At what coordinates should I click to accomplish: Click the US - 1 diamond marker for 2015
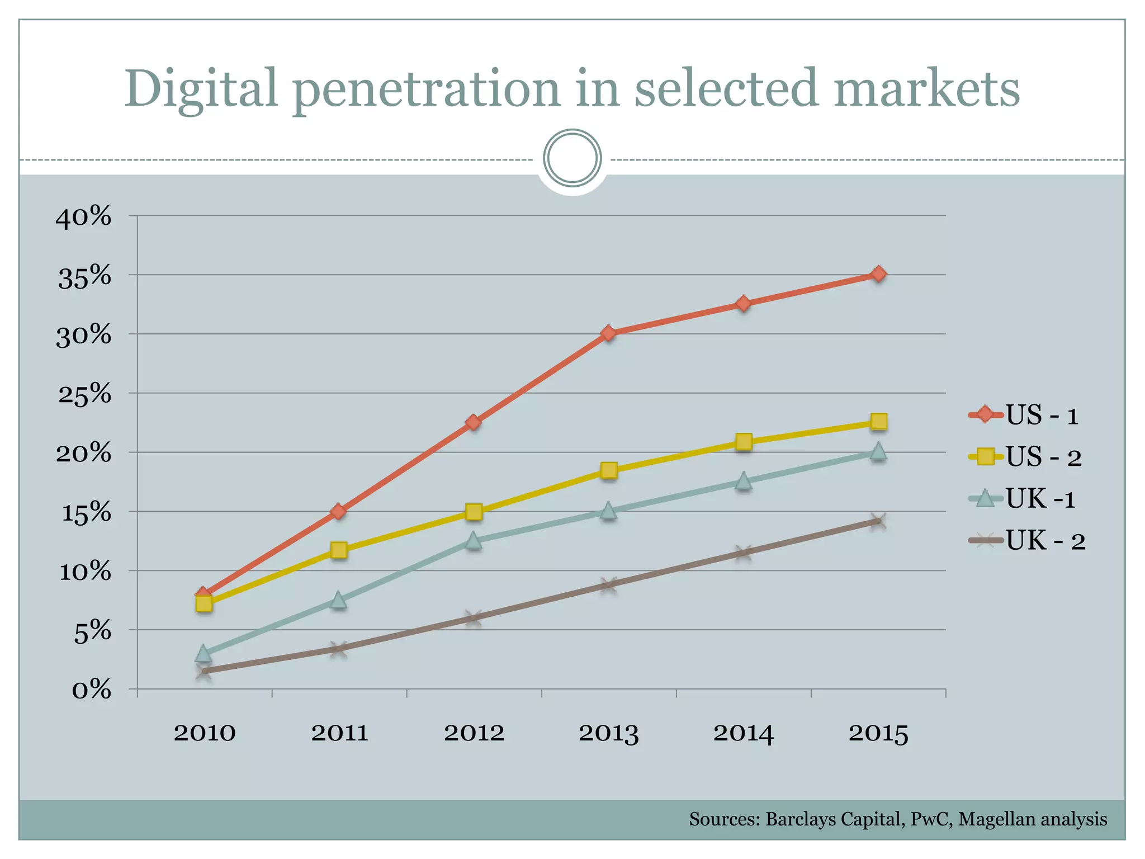[878, 274]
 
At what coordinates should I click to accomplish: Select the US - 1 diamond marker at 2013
[609, 334]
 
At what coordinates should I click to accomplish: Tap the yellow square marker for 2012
[474, 512]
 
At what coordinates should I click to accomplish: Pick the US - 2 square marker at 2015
[878, 422]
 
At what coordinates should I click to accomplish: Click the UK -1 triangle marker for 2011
[338, 601]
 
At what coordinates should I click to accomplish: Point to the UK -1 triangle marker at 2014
[743, 481]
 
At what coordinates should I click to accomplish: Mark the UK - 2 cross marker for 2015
[878, 522]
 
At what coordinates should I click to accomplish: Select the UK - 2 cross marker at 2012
[474, 618]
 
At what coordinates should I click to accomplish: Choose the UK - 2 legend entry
[1028, 541]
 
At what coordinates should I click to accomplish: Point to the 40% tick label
[83, 216]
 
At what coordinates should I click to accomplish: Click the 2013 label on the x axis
[608, 733]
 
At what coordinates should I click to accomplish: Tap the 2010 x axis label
[205, 733]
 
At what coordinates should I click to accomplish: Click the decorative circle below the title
[572, 158]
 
